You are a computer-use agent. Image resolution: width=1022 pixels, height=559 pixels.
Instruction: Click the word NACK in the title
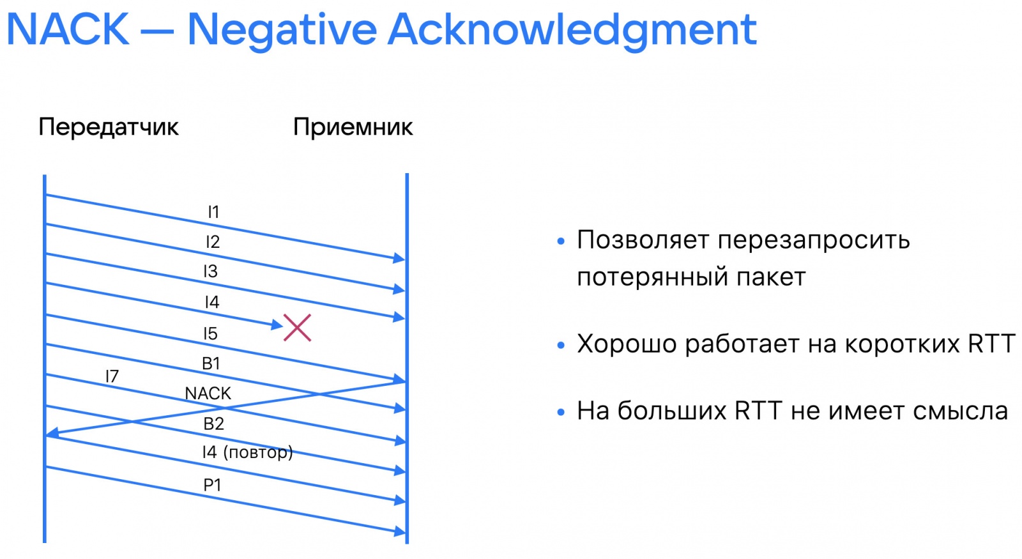point(68,29)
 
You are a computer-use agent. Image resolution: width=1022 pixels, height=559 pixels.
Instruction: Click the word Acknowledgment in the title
point(572,29)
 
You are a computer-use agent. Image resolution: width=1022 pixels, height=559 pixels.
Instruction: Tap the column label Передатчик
point(108,126)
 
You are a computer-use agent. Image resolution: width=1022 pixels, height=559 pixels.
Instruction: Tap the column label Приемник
point(353,126)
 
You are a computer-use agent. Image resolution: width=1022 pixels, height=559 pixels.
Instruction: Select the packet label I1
point(213,212)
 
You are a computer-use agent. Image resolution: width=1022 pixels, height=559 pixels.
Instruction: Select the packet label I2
point(213,242)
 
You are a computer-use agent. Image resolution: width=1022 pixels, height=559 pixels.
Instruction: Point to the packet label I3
point(211,272)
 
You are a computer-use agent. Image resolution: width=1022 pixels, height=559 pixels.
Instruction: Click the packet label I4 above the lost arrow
point(211,302)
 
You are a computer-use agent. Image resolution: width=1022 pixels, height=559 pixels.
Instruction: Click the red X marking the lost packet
point(297,328)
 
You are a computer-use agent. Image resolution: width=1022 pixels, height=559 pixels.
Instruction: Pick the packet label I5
point(210,333)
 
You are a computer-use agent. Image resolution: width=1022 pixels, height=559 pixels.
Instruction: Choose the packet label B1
point(211,364)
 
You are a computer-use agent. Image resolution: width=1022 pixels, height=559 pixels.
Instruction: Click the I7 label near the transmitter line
point(112,376)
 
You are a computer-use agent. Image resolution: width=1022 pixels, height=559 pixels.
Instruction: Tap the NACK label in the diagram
point(208,394)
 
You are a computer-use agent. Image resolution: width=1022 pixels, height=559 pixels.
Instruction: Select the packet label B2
point(213,424)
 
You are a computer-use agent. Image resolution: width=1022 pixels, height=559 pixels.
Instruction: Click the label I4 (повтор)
point(247,452)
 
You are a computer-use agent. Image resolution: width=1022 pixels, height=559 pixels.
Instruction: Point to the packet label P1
point(212,486)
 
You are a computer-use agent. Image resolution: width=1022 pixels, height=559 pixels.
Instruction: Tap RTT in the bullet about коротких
point(991,344)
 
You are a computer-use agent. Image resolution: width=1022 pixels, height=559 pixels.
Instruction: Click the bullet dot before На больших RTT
point(561,412)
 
